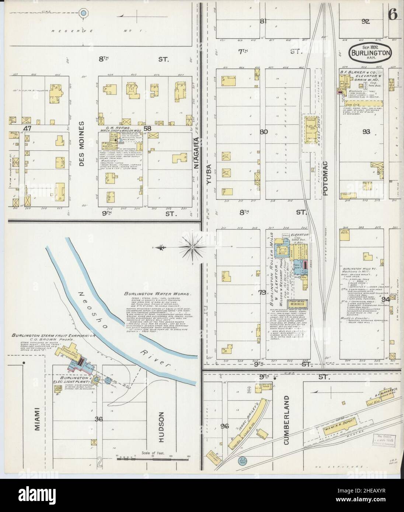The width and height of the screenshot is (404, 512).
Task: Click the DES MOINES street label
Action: (x=81, y=144)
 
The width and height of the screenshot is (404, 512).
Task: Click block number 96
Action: (x=225, y=426)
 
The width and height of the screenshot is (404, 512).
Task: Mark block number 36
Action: (x=98, y=419)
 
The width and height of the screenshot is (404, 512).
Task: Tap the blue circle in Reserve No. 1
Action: (x=84, y=13)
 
